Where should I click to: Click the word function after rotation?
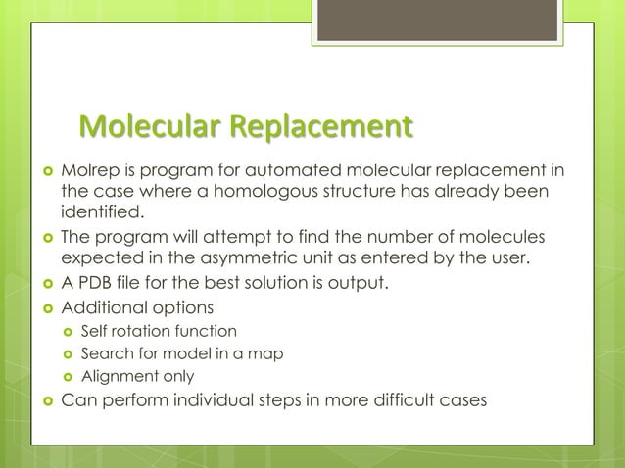(x=206, y=331)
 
